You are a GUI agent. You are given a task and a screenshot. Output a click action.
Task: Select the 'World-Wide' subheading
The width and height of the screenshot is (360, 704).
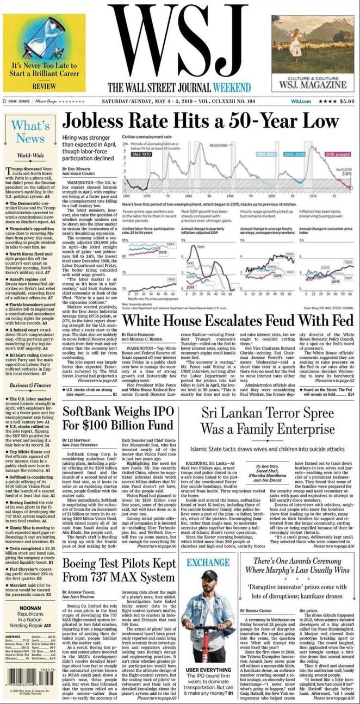pos(30,155)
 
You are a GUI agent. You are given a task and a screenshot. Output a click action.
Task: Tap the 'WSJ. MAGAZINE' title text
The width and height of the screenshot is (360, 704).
pos(312,85)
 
